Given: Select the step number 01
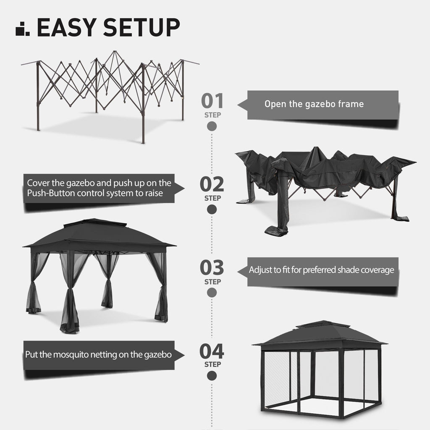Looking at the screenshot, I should [x=212, y=101].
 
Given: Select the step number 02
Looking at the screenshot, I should [x=212, y=184].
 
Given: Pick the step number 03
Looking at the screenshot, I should [x=212, y=268].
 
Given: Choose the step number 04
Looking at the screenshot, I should [x=212, y=351].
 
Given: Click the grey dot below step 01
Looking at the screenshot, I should [x=212, y=126].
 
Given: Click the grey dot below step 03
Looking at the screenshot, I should [x=212, y=293].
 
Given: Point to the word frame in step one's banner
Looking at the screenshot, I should [x=351, y=104].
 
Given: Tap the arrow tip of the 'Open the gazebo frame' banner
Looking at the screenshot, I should [x=239, y=105].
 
